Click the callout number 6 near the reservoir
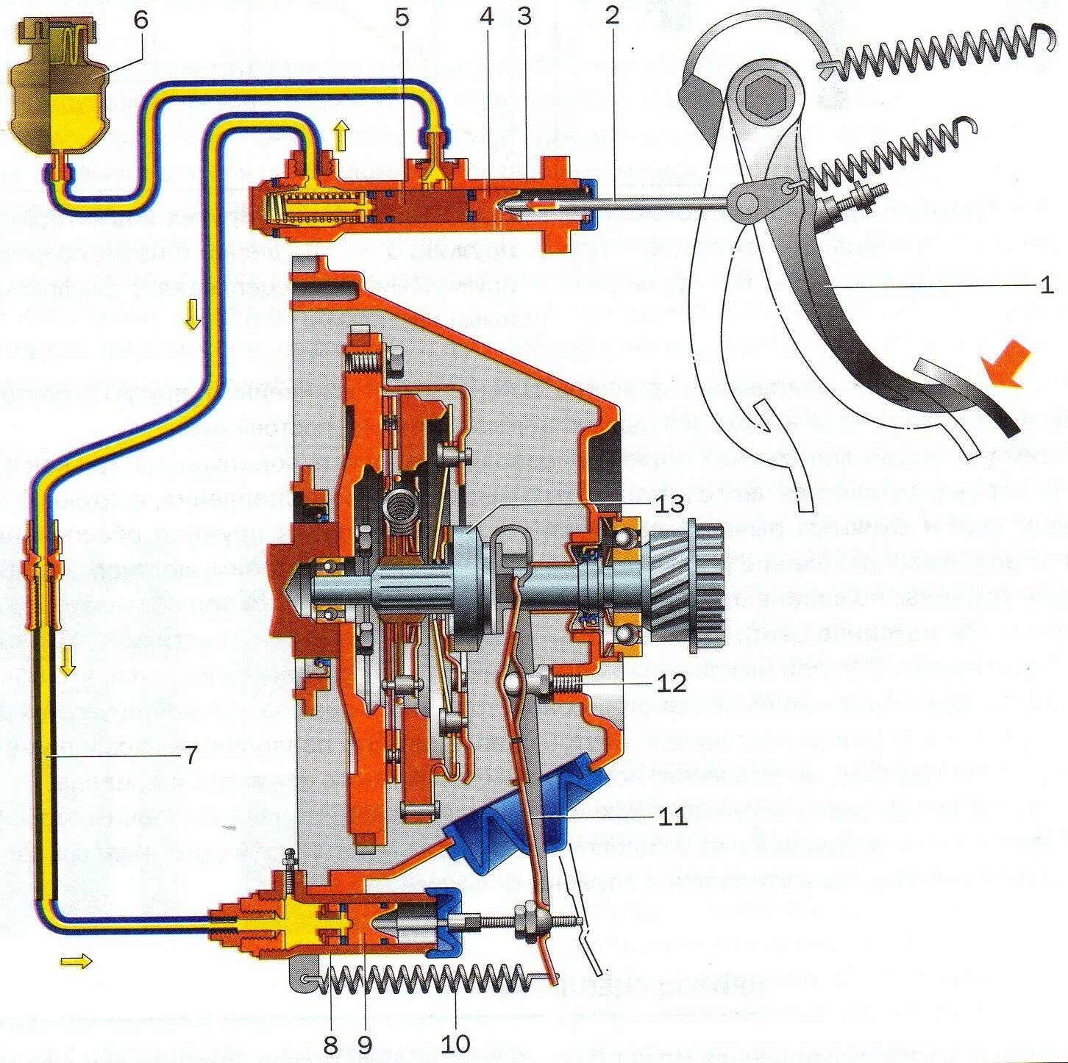click(141, 21)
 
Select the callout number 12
click(672, 682)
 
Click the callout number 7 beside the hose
click(190, 754)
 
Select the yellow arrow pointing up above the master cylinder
click(340, 136)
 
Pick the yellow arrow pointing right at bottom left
click(76, 960)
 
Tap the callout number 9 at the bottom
click(365, 1043)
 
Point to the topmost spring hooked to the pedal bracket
click(934, 55)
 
